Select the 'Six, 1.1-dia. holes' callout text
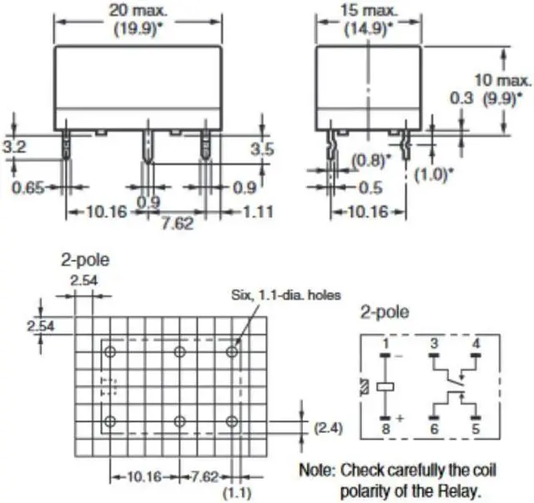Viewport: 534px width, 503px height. [285, 296]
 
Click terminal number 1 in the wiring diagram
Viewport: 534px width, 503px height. [385, 344]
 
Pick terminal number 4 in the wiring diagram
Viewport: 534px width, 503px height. [476, 344]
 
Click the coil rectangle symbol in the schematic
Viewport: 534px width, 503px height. [385, 387]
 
